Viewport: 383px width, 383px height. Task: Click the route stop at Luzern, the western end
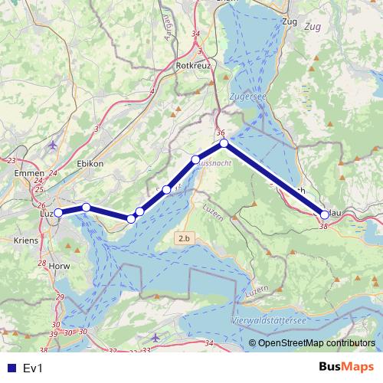(x=58, y=213)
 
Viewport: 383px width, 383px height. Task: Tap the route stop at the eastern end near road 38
(x=325, y=215)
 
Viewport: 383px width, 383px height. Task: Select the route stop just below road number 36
(x=224, y=143)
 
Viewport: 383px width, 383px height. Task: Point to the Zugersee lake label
(x=246, y=97)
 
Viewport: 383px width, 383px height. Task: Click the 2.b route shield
(x=184, y=239)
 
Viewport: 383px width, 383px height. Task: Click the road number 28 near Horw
(x=42, y=264)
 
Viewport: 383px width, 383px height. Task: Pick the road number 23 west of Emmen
(x=11, y=160)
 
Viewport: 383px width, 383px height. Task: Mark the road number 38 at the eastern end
(x=323, y=227)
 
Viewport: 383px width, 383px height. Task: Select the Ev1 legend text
(x=32, y=368)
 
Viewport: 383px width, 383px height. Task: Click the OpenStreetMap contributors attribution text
(x=316, y=343)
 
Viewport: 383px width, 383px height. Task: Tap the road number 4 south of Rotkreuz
(x=152, y=92)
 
